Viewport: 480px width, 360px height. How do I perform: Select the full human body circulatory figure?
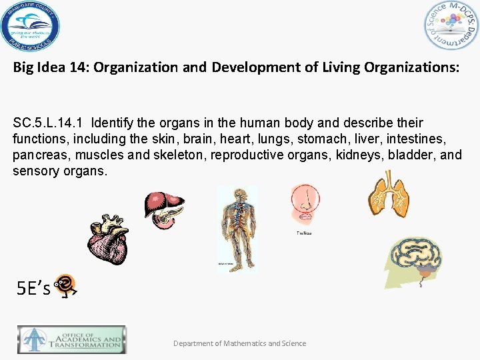[x=237, y=227]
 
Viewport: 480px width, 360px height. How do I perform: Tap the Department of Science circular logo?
[x=451, y=25]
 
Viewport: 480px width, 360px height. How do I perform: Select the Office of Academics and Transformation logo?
[x=71, y=339]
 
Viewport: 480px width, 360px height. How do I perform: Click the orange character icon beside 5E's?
[x=65, y=285]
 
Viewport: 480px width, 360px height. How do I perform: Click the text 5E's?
[x=33, y=289]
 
